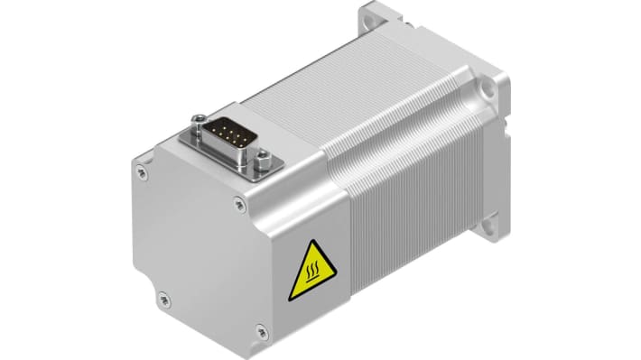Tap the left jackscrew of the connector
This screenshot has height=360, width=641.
196,119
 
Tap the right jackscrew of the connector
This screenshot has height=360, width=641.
264,163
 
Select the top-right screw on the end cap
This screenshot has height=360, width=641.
239,204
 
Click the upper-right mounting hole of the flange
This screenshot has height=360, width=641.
488,88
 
